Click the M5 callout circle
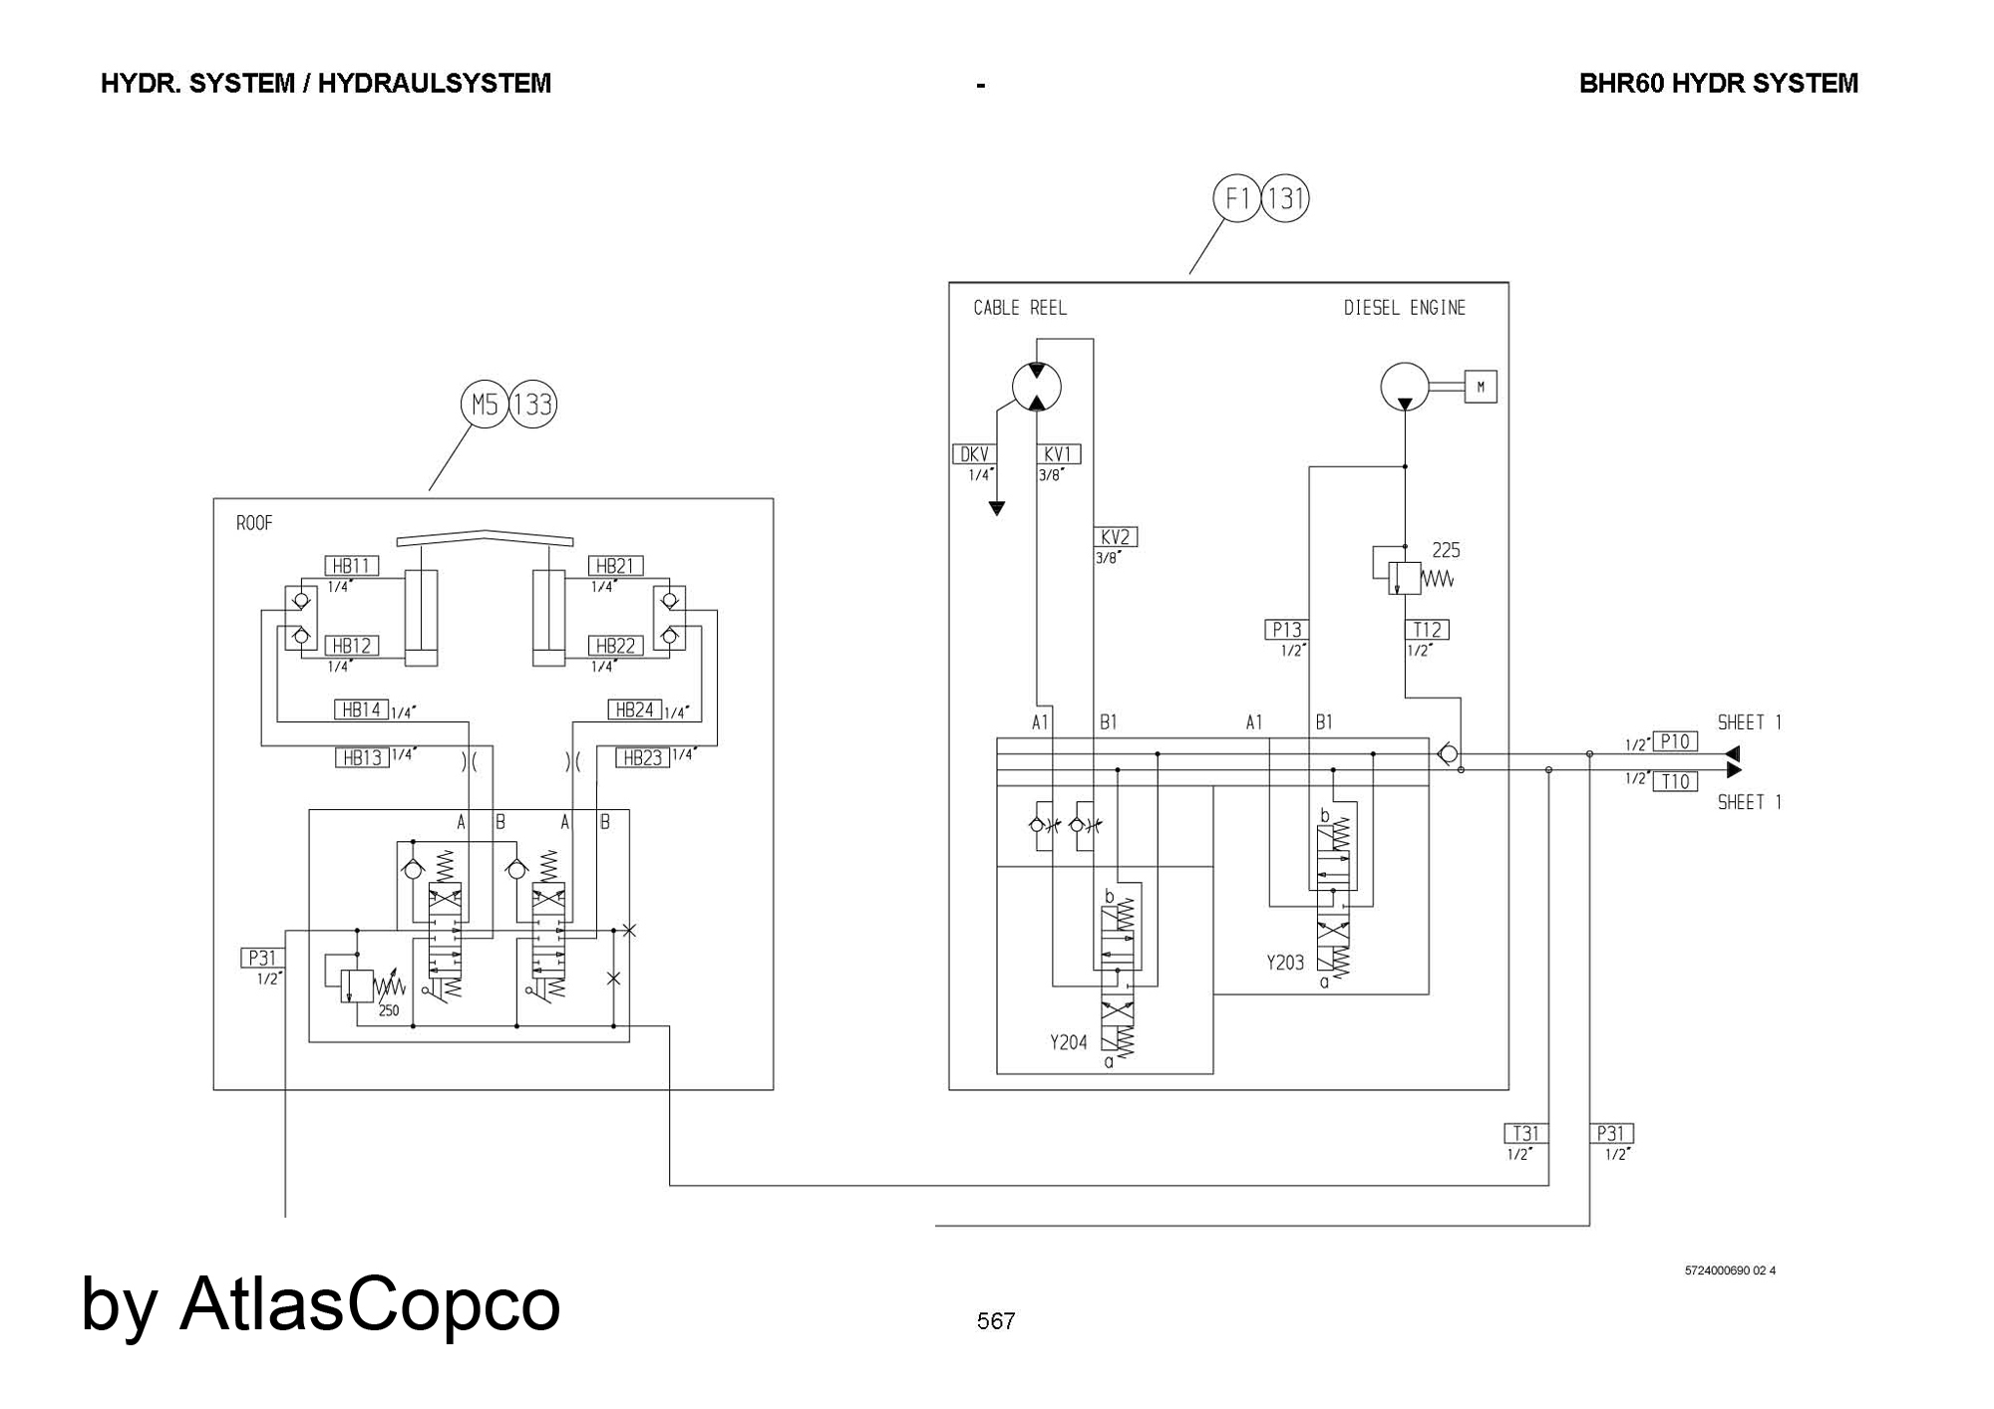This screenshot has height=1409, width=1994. (485, 405)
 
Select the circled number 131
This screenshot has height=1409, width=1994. (1285, 199)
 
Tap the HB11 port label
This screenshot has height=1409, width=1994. (351, 566)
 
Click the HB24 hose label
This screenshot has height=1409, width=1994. (635, 709)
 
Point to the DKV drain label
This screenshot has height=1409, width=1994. (974, 454)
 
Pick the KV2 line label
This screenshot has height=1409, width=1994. (1116, 537)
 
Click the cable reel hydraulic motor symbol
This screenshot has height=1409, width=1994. (1037, 387)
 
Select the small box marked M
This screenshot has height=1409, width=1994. (1481, 387)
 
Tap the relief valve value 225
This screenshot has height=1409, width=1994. (1446, 550)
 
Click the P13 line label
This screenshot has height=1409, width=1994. (1286, 630)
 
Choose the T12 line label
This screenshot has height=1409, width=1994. (1427, 630)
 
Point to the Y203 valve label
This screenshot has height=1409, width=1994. (1285, 963)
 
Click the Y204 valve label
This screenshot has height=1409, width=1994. (1068, 1042)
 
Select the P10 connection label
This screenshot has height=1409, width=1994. (1675, 741)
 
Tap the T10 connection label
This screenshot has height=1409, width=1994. (1675, 781)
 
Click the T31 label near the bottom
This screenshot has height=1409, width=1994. (1525, 1133)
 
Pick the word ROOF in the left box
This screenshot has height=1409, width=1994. (254, 523)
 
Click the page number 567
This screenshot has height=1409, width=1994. (996, 1321)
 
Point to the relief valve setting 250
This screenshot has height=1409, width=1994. (389, 1010)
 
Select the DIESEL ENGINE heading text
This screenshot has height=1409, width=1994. (1405, 308)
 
